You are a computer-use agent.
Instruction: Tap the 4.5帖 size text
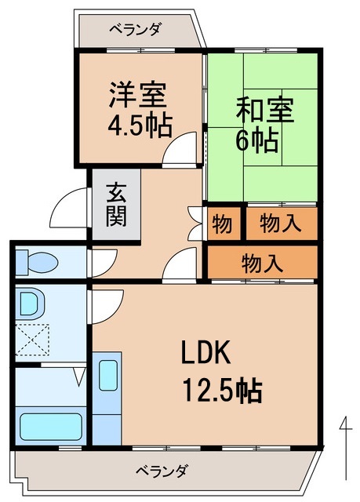point(140,125)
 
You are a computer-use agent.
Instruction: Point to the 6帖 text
point(256,141)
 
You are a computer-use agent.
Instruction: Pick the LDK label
point(205,354)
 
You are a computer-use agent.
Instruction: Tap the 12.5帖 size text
point(222,387)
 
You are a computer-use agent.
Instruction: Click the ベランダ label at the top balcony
point(135,30)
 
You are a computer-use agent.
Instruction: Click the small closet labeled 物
point(222,224)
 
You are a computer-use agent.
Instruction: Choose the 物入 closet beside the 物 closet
point(280,224)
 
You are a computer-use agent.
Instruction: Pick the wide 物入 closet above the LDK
point(262,262)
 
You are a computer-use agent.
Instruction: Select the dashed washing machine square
point(33,340)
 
